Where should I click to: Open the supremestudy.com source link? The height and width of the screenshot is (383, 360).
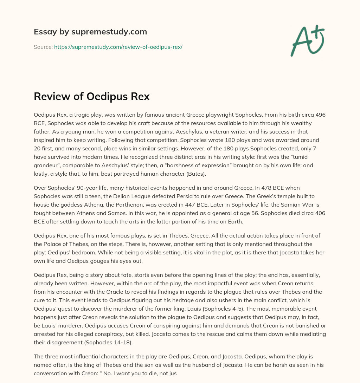(118, 47)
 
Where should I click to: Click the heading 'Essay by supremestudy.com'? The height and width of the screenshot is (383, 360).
(90, 32)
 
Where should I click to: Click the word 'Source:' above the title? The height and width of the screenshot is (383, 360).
(43, 47)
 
